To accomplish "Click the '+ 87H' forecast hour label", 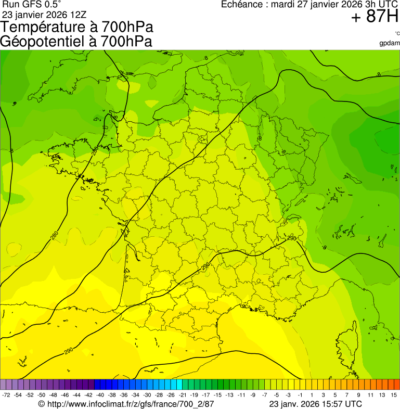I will click(x=375, y=17).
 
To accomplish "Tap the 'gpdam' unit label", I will click(x=390, y=43).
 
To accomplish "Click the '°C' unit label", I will click(x=397, y=34).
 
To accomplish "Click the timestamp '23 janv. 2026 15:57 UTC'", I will click(x=315, y=404).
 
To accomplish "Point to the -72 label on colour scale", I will click(x=6, y=395).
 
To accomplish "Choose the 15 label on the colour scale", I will click(x=394, y=395).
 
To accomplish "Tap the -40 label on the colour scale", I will click(x=99, y=395).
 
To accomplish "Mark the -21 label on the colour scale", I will click(x=182, y=395).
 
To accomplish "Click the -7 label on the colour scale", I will click(x=264, y=395).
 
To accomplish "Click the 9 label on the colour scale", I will click(x=358, y=395).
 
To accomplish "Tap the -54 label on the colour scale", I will click(x=18, y=395).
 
